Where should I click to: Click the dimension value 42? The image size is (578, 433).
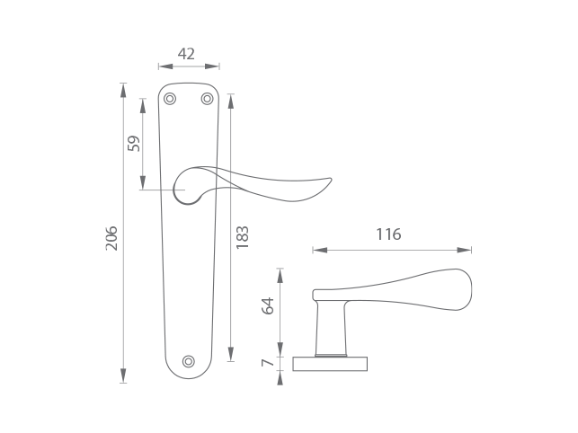(x=186, y=54)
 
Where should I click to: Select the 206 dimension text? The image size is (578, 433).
(x=111, y=238)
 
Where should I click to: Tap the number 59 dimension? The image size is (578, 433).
(x=133, y=144)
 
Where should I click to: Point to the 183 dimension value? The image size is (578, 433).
(x=242, y=238)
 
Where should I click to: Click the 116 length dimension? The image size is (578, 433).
(x=388, y=234)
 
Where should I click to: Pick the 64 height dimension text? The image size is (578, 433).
(x=268, y=305)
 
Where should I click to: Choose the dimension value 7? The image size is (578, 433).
(x=268, y=363)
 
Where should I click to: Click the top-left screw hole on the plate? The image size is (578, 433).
(x=170, y=99)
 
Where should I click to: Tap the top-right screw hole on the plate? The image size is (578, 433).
(x=207, y=99)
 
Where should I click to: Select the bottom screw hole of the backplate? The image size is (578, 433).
(x=189, y=361)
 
